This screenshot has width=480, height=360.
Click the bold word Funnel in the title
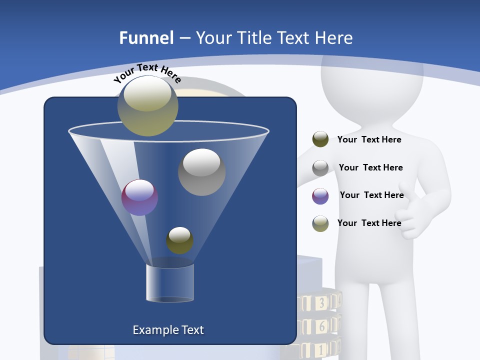pos(146,38)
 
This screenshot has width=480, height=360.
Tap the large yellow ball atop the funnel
pos(148,105)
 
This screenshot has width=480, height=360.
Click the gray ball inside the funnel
pos(201,171)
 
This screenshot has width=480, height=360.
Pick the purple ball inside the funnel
pos(140,197)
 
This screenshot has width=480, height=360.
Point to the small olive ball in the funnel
pos(179,240)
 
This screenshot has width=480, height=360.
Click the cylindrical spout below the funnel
pos(170,283)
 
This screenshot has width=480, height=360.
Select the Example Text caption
pos(168,330)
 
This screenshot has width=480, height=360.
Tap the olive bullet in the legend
pos(320,139)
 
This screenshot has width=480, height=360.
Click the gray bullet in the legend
pos(320,167)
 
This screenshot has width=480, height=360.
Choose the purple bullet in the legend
pos(320,195)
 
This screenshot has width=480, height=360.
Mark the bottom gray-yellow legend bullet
pos(320,223)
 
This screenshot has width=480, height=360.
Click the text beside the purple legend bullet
pos(371,195)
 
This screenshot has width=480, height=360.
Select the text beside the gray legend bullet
pos(370,167)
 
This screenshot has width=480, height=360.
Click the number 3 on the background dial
pos(322,302)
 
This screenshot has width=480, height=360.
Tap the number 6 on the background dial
pos(322,326)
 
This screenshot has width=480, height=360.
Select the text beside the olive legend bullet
pos(369,139)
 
